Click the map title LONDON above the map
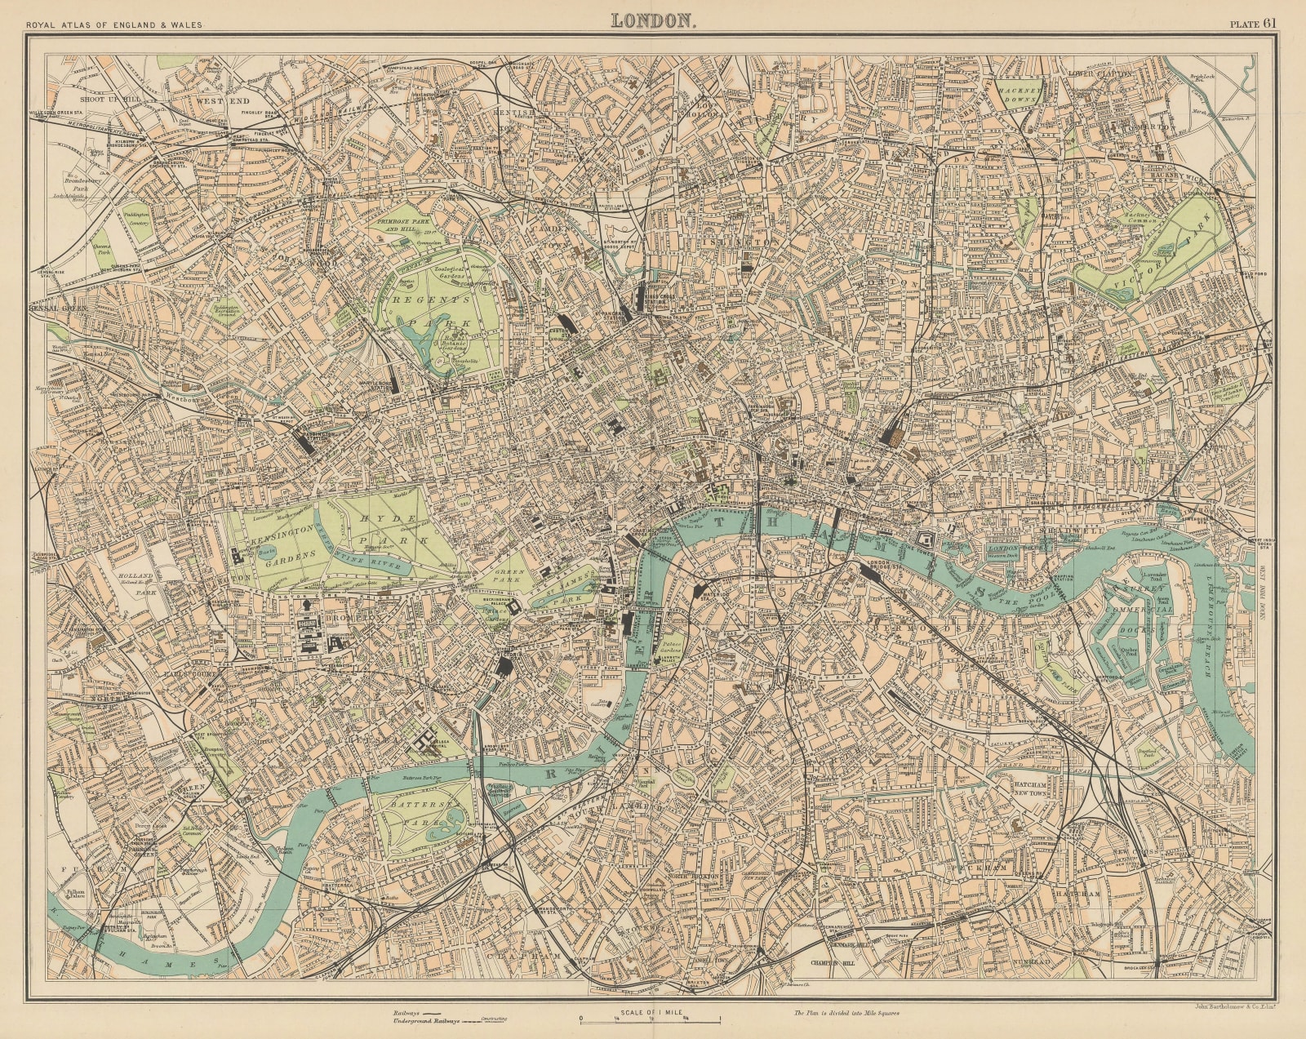click(653, 20)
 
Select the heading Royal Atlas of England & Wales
click(114, 24)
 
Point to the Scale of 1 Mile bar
click(651, 1018)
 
